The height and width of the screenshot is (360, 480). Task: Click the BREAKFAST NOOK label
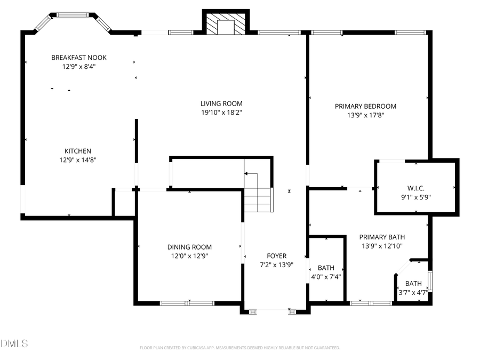click(x=79, y=58)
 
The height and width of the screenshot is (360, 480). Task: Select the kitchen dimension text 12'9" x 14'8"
click(x=78, y=159)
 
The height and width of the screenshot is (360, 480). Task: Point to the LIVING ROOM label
click(x=221, y=103)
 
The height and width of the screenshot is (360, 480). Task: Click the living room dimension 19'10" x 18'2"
click(x=221, y=113)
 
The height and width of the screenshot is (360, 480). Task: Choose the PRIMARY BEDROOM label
click(x=365, y=106)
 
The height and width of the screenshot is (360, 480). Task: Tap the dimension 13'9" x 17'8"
click(x=365, y=115)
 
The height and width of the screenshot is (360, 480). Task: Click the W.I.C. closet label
click(x=416, y=188)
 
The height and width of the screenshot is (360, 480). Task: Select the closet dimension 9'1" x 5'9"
click(x=416, y=196)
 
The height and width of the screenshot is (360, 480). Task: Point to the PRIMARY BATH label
click(x=382, y=237)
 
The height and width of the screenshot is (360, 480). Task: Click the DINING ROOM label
click(x=189, y=247)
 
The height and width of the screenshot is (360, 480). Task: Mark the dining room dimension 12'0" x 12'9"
click(x=189, y=256)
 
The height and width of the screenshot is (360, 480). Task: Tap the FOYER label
click(x=277, y=256)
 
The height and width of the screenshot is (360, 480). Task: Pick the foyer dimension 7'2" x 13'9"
click(x=277, y=265)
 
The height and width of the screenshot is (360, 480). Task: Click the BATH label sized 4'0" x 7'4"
click(x=326, y=268)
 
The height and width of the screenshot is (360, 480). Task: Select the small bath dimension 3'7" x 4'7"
click(x=413, y=292)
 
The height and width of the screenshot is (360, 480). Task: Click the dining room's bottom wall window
click(x=187, y=303)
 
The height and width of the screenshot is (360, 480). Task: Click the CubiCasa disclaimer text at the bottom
click(x=239, y=348)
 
